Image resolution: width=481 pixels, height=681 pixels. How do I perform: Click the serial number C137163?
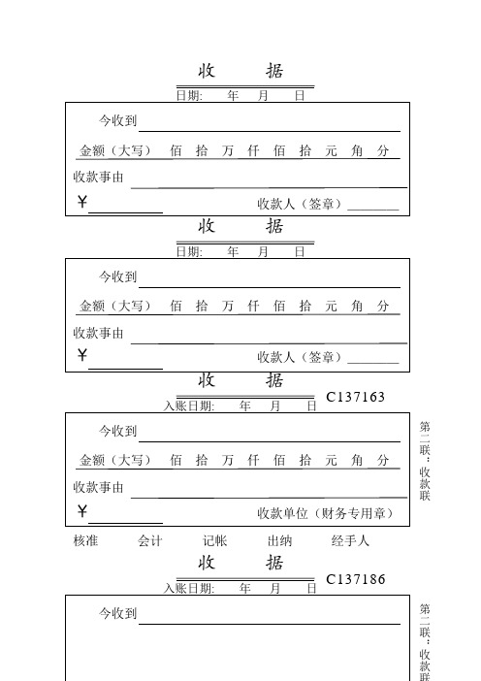coord(356,397)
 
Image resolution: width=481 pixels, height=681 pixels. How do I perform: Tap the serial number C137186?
coord(356,579)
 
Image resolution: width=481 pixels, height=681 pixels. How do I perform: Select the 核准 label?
coord(86,541)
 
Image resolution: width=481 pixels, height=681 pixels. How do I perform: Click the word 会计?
coord(150,541)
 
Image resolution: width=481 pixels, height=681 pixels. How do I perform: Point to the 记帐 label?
coord(214,541)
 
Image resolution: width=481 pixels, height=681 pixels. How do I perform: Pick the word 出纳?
coord(279,541)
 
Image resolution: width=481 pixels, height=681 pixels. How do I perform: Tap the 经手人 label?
coord(350,541)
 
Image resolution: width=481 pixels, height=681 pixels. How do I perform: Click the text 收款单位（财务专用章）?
coord(325,512)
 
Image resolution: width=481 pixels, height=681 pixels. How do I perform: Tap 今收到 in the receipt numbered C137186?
coord(118,613)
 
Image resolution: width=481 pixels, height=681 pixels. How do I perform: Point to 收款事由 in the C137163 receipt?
coord(99,486)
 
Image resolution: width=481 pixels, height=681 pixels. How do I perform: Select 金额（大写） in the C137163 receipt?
coord(114,459)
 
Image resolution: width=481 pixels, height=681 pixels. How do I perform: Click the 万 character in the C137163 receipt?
coord(228,459)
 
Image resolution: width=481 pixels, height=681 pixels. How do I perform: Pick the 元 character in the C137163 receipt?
coord(332,459)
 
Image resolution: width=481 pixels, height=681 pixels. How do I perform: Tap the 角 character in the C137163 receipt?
coord(358,459)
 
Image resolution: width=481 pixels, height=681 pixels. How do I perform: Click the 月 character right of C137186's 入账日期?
coord(274,588)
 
